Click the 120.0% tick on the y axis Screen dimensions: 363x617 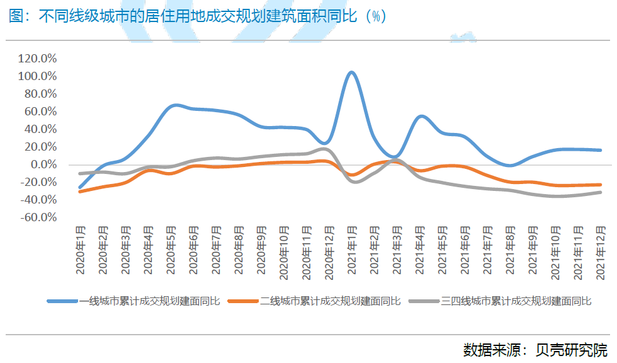38,59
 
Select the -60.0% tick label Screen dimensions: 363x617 38,217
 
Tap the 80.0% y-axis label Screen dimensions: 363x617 40,94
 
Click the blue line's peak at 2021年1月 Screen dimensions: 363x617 352,72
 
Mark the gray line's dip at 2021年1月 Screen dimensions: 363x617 354,181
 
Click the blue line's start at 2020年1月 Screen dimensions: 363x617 80,187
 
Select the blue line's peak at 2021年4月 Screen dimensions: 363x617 421,117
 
